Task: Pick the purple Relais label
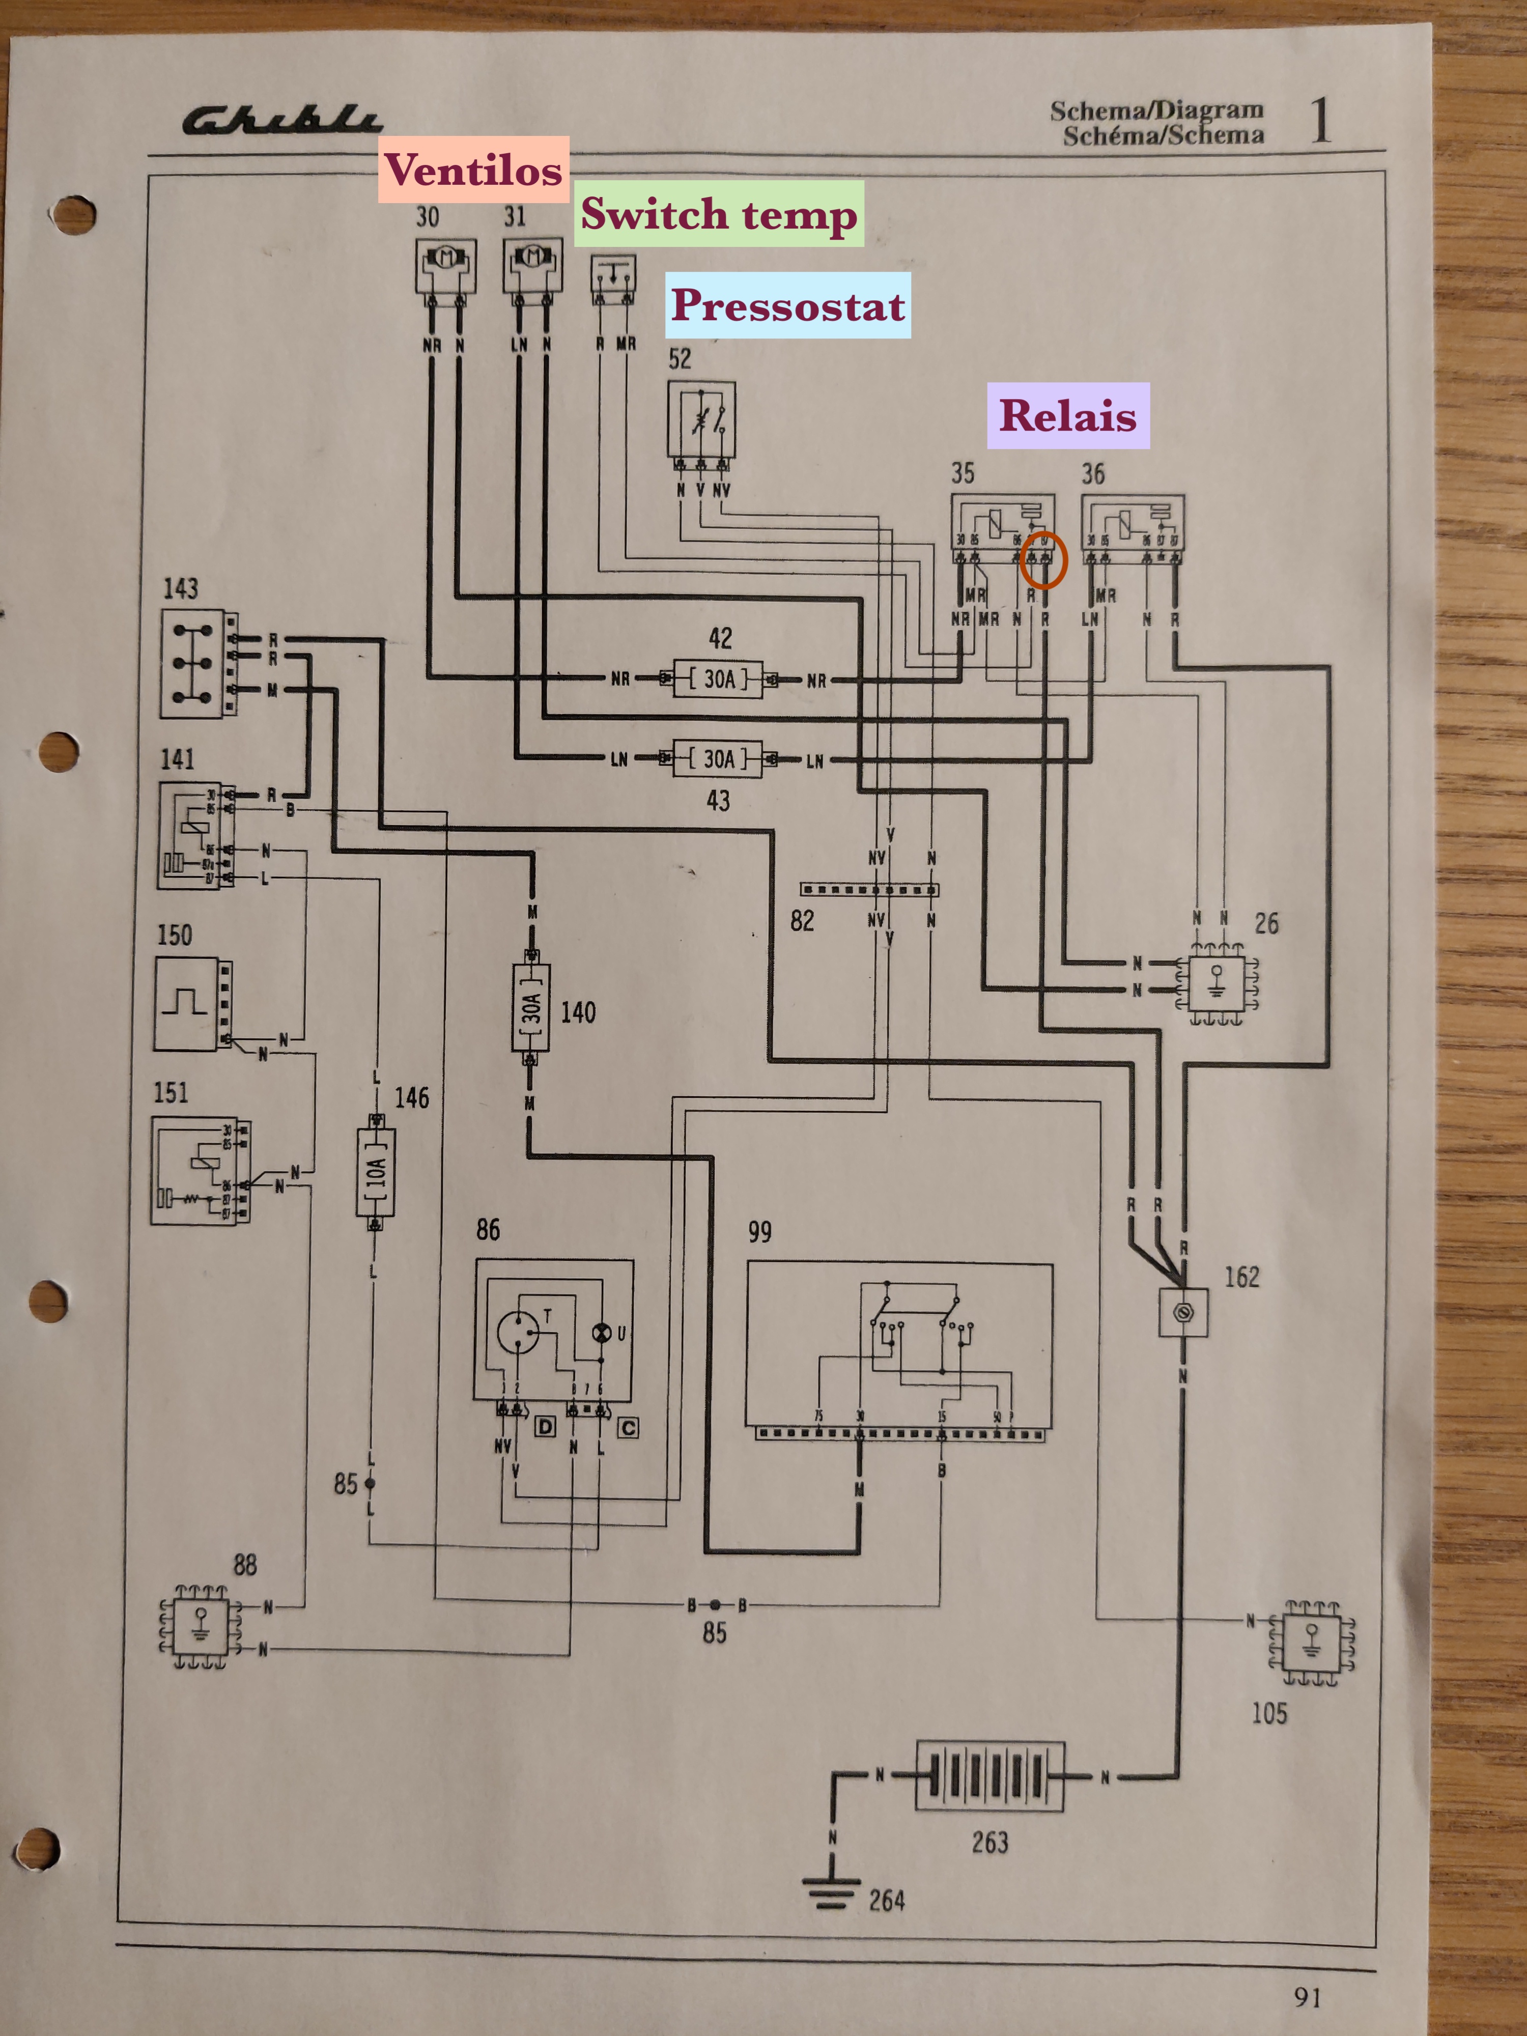tap(1068, 415)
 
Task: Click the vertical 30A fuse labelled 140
tap(531, 1008)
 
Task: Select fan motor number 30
tap(445, 264)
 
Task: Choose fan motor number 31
tap(532, 264)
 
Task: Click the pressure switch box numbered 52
tap(701, 420)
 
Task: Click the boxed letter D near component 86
tap(546, 1427)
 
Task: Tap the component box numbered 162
tap(1183, 1312)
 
